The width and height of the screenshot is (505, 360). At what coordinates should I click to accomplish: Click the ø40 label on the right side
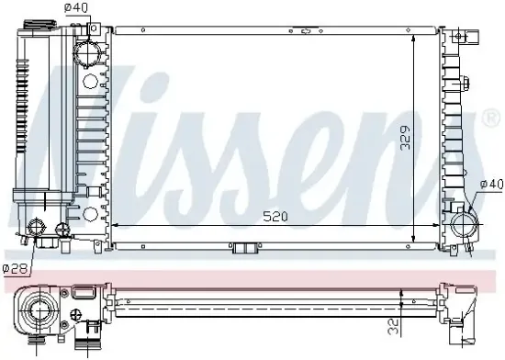tap(490, 186)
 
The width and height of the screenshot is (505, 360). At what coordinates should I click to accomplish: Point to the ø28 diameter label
tap(14, 268)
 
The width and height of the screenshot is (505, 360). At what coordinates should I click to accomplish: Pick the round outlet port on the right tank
tap(462, 223)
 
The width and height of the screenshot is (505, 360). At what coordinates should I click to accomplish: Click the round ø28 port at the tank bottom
tap(39, 230)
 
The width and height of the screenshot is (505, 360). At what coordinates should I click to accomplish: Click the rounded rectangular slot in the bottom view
tap(82, 294)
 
